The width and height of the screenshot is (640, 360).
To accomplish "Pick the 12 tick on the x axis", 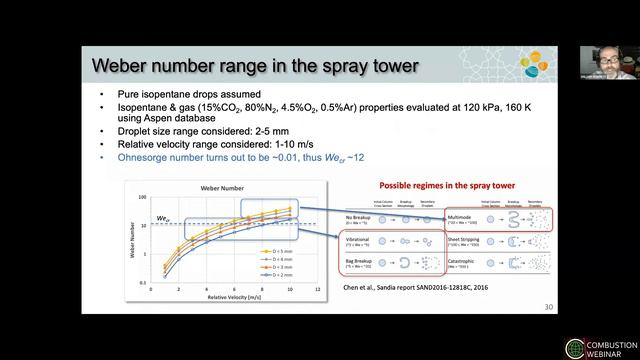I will pos(317,288).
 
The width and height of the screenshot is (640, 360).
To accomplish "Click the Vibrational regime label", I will pos(354,238).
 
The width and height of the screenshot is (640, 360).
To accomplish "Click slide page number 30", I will pos(547,306).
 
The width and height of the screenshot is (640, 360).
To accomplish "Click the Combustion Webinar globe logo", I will pos(575,348).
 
